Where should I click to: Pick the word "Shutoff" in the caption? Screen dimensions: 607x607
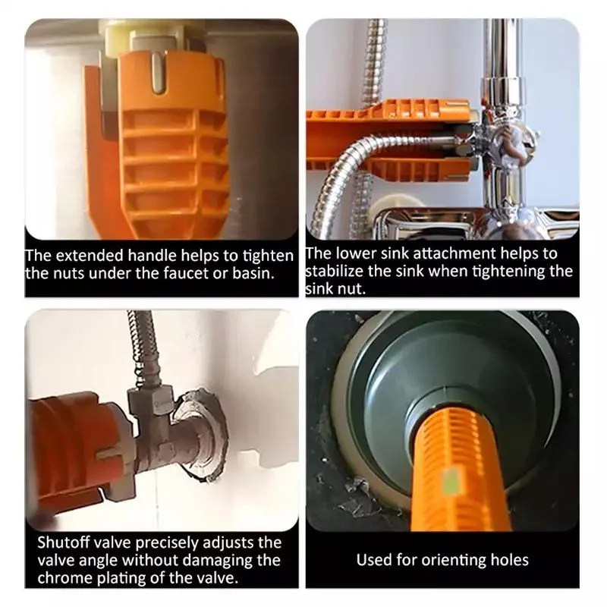click(x=65, y=543)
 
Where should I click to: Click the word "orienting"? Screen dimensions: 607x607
click(x=445, y=561)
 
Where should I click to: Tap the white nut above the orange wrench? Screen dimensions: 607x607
click(x=152, y=34)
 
